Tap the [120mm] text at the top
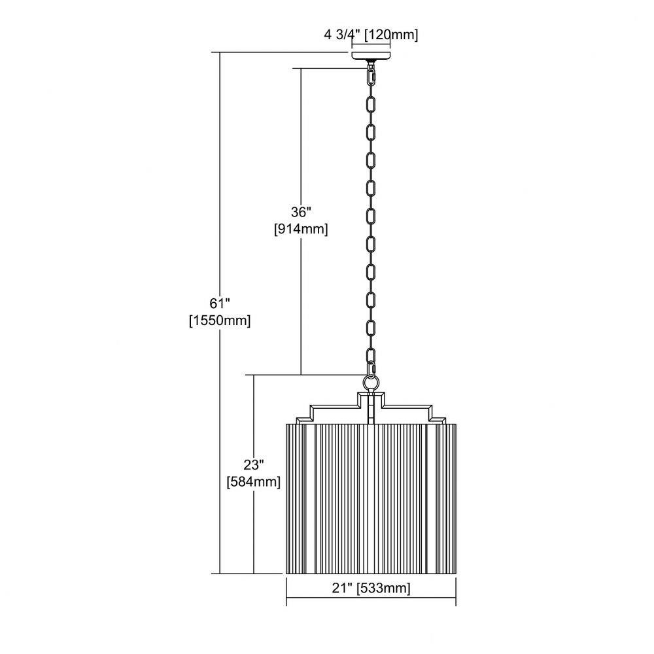(391, 35)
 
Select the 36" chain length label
(301, 213)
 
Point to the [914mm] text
(301, 229)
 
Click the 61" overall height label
(220, 303)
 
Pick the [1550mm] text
(220, 320)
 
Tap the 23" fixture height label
(254, 464)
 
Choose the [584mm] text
(254, 482)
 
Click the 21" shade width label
(342, 588)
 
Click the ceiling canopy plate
(371, 56)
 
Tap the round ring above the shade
(371, 382)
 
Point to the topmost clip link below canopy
(371, 77)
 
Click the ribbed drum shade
(371, 499)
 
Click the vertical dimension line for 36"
(301, 222)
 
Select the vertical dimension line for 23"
(254, 474)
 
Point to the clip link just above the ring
(371, 369)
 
